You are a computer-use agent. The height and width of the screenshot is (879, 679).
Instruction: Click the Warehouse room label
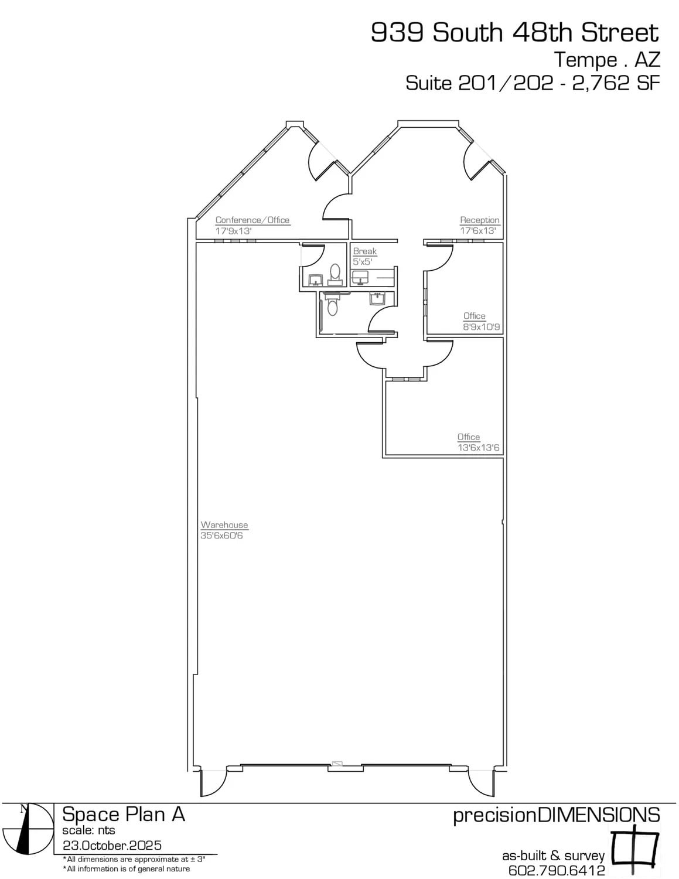pos(224,525)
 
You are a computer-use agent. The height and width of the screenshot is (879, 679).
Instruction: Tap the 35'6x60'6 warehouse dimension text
pos(221,536)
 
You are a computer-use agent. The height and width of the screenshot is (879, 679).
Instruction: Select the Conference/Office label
pos(253,220)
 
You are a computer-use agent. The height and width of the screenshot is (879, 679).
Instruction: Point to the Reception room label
pos(480,220)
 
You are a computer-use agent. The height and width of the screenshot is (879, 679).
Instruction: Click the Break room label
pos(364,251)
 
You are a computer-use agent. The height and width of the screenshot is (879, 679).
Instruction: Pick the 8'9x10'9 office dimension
pos(482,327)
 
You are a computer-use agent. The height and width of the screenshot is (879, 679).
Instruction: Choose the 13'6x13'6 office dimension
pos(478,448)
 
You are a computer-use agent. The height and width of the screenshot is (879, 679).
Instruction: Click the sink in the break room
pos(359,277)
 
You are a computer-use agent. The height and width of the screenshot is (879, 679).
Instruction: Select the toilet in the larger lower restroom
pos(333,305)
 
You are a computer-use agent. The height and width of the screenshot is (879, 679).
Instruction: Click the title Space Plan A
pos(124,815)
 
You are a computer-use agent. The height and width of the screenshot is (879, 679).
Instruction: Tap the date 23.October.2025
pos(112,846)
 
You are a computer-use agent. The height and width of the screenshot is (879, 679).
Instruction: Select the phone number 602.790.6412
pos(557,871)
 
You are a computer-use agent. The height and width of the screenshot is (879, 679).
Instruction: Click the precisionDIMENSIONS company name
pos(557,815)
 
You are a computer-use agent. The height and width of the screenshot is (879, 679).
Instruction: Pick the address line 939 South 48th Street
pos(515,33)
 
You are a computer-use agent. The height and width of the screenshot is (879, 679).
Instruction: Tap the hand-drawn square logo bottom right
pos(635,847)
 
